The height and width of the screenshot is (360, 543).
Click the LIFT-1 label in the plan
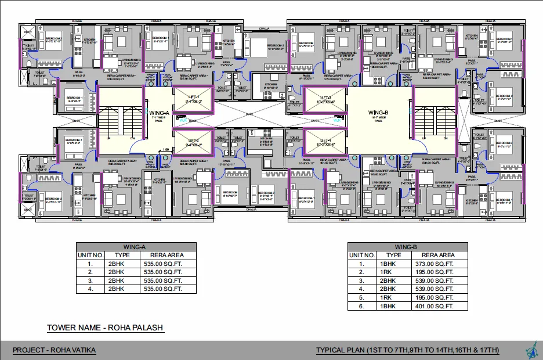click(192, 97)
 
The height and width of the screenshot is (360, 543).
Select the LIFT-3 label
click(323, 97)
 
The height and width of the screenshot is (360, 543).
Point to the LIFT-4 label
click(323, 140)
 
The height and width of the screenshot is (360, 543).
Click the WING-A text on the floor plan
click(158, 112)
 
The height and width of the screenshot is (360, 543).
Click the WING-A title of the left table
click(136, 246)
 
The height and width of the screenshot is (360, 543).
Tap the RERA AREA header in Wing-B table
click(438, 255)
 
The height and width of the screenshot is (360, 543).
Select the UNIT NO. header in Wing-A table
click(90, 255)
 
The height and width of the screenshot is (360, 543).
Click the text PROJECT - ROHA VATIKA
click(55, 350)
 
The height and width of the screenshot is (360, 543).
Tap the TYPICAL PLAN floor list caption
click(407, 350)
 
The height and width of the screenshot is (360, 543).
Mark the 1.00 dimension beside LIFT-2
click(166, 150)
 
